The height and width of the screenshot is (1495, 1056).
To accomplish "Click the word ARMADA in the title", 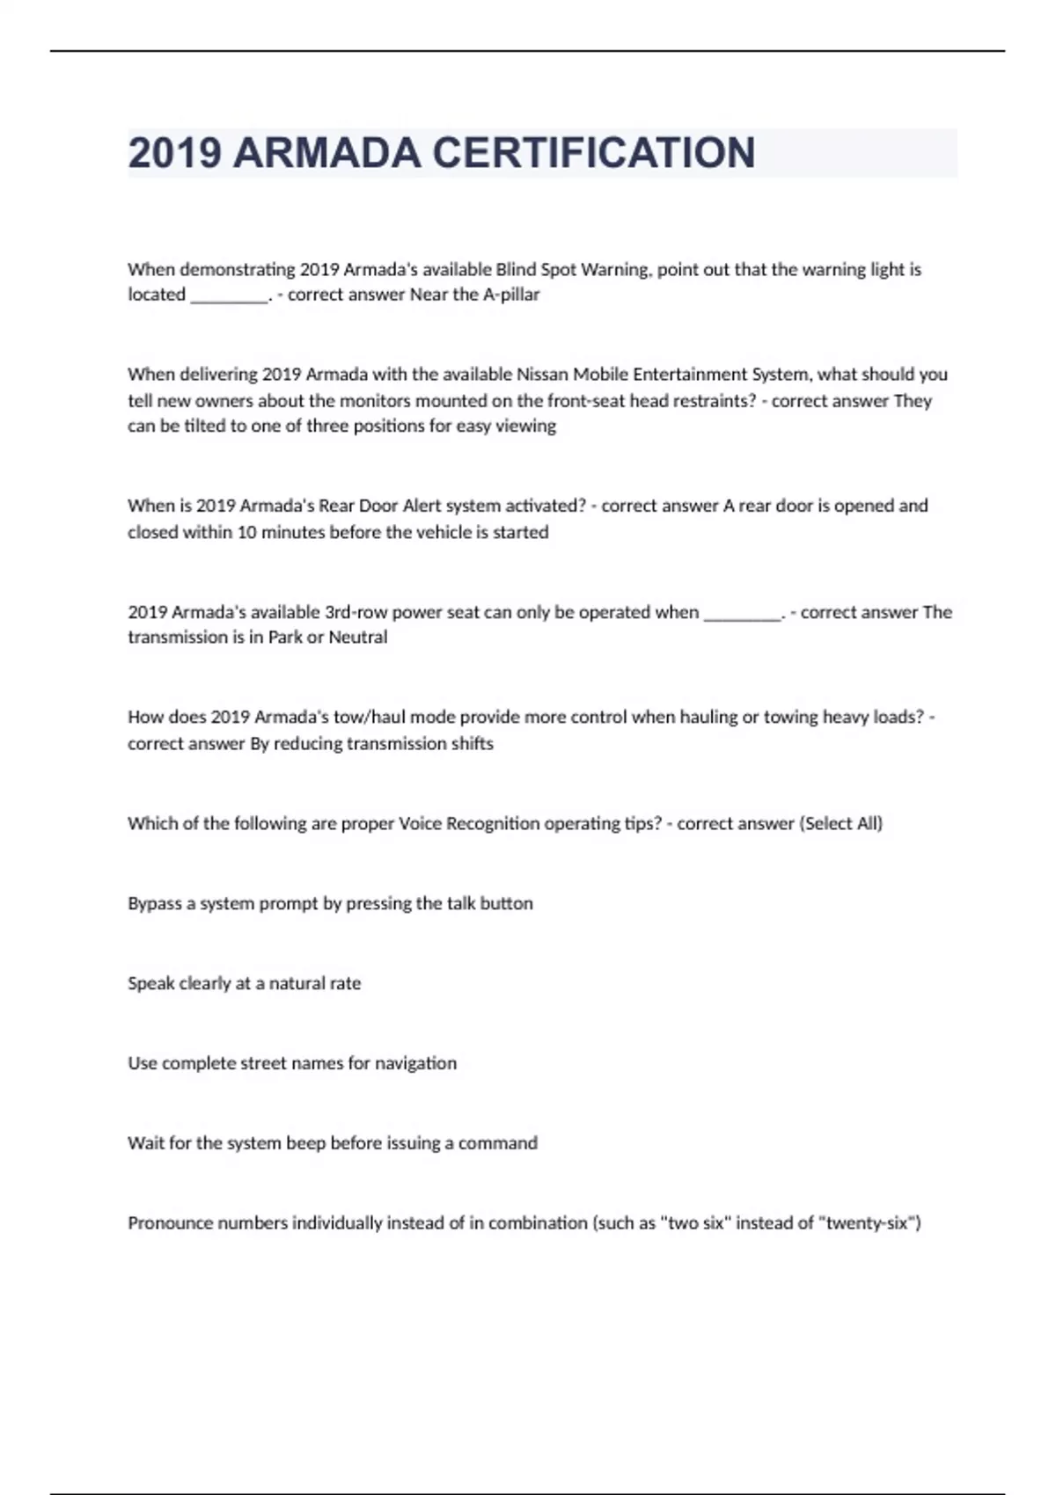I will pos(327,153).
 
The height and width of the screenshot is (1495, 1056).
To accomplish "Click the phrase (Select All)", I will pos(840,824).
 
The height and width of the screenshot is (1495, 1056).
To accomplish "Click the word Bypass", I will pos(154,904).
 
